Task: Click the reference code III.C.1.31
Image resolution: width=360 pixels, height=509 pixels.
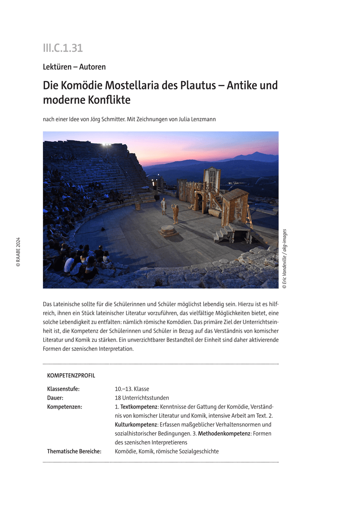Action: tap(62, 48)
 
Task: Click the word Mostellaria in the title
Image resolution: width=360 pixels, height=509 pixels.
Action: tap(129, 85)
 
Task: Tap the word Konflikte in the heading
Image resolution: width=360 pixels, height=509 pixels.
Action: tap(108, 100)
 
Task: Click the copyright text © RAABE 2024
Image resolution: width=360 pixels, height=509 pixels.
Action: tap(18, 252)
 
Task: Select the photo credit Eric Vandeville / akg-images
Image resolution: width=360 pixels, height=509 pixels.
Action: tap(284, 259)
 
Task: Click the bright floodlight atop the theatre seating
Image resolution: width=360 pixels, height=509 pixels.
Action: tap(105, 145)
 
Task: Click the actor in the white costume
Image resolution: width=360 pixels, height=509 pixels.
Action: tap(163, 206)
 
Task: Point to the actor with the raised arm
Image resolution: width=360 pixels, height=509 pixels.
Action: tap(175, 214)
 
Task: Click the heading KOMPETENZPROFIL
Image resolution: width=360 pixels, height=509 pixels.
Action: tap(71, 375)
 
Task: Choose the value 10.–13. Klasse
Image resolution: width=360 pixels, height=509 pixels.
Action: tap(132, 389)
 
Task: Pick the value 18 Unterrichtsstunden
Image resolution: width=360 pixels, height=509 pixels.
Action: tap(142, 397)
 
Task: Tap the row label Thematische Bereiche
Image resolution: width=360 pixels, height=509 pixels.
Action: tap(74, 451)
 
